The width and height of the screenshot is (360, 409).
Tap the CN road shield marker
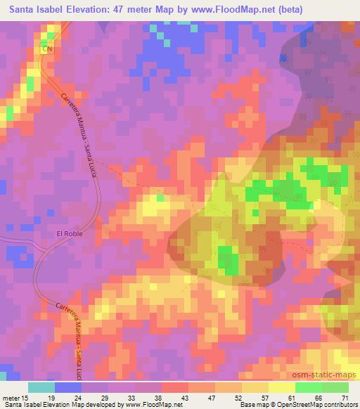pos(47,49)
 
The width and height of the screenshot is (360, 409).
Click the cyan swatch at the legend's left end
pos(41,387)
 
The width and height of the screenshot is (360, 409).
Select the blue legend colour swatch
pos(67,387)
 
